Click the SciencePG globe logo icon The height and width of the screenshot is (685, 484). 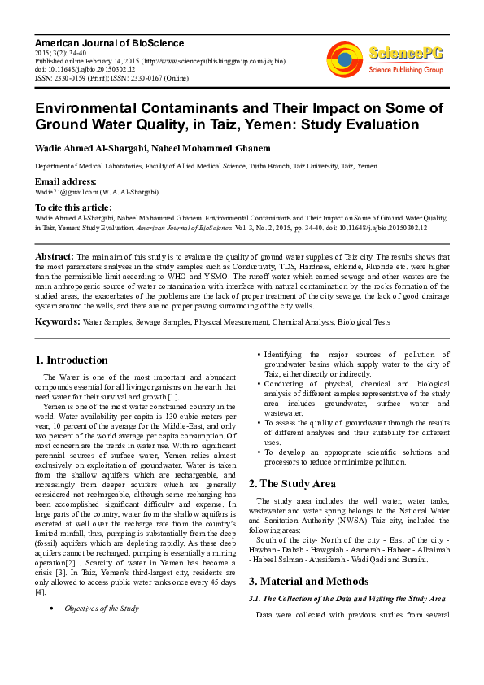[345, 59]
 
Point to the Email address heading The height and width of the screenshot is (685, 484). [70, 181]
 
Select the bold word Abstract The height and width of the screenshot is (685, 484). [55, 256]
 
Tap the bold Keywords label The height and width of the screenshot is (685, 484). [57, 322]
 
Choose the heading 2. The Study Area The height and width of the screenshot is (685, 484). [297, 483]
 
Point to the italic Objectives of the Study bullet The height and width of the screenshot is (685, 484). [102, 608]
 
